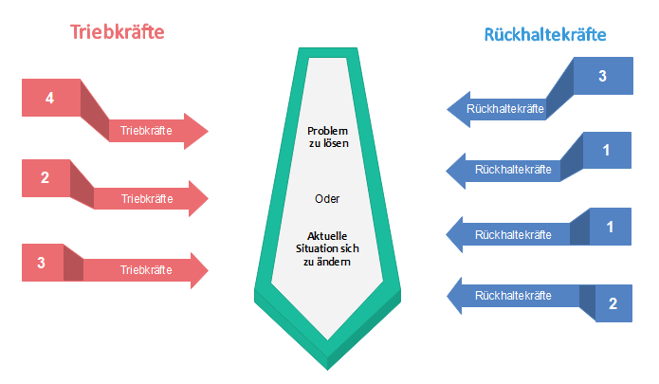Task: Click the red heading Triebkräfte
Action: coord(118,31)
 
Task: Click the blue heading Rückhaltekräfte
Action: coord(545,35)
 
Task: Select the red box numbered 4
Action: coord(50,96)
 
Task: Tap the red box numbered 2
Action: coord(46,177)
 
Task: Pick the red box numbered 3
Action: coord(43,262)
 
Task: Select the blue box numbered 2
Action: coord(612,303)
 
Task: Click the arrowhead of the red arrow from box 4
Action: coord(197,132)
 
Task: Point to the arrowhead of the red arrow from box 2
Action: coord(197,199)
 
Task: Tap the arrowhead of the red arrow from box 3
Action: coord(197,269)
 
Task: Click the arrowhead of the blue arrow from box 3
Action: coord(456,109)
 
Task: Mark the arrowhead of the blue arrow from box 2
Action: coord(457,296)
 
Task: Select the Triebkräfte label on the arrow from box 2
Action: coord(146,199)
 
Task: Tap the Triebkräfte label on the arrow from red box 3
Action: coord(146,270)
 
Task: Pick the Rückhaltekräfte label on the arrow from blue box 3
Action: coord(506,109)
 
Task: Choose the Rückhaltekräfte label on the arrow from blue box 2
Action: coord(513,296)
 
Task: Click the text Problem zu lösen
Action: coord(329,137)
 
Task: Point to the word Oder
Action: coord(327,199)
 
